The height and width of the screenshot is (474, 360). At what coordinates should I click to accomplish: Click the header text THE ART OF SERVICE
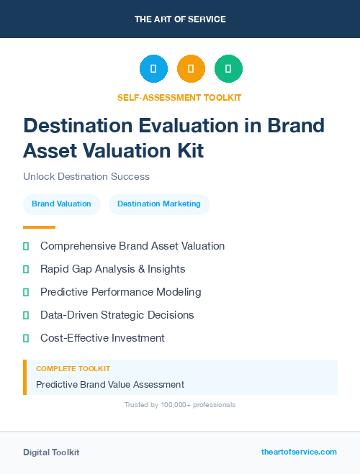pyautogui.click(x=180, y=19)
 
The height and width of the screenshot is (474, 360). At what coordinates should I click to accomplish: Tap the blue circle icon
pyautogui.click(x=153, y=69)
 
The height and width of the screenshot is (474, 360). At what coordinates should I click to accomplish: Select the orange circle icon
pyautogui.click(x=191, y=69)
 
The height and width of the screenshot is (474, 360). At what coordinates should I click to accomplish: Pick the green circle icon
pyautogui.click(x=228, y=69)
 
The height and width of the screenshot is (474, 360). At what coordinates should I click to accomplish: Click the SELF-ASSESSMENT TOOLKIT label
pyautogui.click(x=179, y=98)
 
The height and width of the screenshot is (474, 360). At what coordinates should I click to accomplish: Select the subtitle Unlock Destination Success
pyautogui.click(x=86, y=176)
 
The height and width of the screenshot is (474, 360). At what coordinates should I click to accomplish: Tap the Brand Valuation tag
pyautogui.click(x=61, y=204)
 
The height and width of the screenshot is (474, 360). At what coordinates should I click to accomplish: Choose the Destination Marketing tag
pyautogui.click(x=159, y=204)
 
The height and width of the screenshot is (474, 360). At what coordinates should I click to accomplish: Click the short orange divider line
pyautogui.click(x=39, y=227)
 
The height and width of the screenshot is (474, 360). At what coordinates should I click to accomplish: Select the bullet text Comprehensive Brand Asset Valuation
pyautogui.click(x=132, y=246)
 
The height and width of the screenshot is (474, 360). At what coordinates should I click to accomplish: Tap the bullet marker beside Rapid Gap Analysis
pyautogui.click(x=26, y=269)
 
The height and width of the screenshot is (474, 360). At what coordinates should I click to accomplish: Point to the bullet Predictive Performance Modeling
pyautogui.click(x=120, y=292)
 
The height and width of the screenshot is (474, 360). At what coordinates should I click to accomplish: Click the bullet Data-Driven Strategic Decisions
pyautogui.click(x=117, y=315)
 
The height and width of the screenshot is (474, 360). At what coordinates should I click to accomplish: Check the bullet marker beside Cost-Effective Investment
pyautogui.click(x=26, y=338)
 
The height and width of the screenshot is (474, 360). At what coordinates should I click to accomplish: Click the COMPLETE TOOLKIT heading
pyautogui.click(x=73, y=368)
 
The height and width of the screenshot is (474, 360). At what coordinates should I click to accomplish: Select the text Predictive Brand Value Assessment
pyautogui.click(x=110, y=384)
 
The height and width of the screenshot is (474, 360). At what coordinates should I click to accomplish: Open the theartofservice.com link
pyautogui.click(x=299, y=452)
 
